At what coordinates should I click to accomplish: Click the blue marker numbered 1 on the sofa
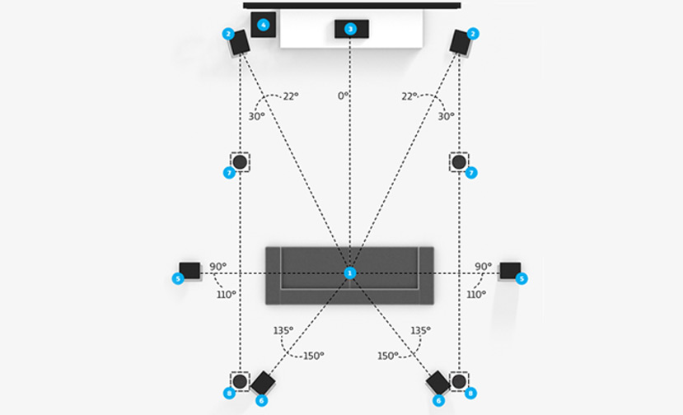tap(350, 273)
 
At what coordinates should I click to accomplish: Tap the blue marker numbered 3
tap(350, 30)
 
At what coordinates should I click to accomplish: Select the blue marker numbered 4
tap(263, 25)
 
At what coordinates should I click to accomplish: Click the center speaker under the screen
tap(351, 29)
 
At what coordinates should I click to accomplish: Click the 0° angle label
tap(343, 96)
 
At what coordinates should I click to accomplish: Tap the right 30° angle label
tap(446, 116)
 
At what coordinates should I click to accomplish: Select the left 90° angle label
tap(218, 267)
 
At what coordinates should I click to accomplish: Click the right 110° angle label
tap(475, 293)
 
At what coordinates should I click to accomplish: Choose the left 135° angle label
tap(283, 330)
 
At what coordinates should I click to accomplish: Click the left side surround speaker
tap(189, 270)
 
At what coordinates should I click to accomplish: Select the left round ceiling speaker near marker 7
tap(240, 161)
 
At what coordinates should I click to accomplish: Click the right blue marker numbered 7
tap(471, 173)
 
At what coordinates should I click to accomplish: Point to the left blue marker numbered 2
tap(227, 34)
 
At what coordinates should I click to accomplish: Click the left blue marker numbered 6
tap(261, 400)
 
